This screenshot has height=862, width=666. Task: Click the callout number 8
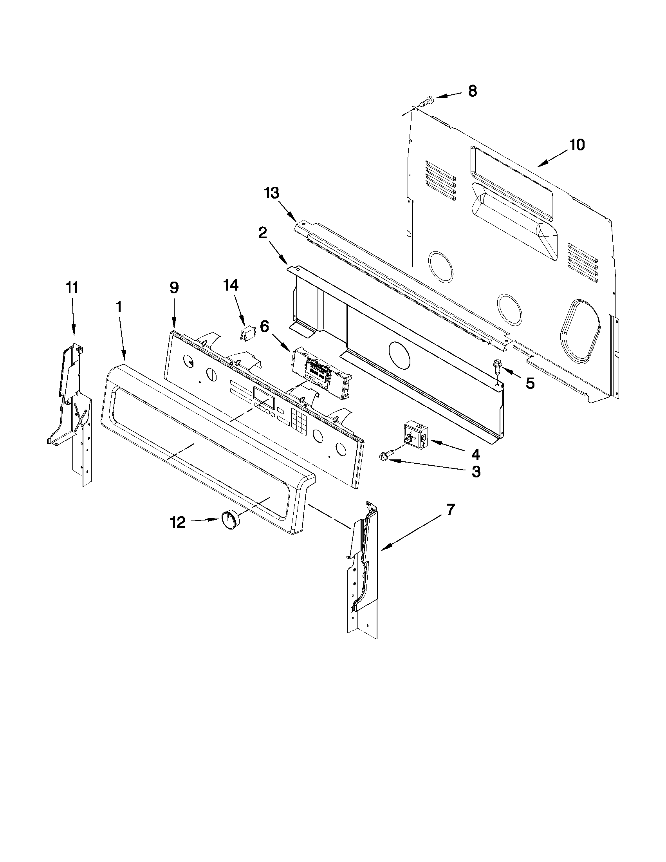tap(472, 91)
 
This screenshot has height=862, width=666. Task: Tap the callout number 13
tap(272, 193)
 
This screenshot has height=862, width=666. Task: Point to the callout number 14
tap(231, 285)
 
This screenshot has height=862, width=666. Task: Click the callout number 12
tap(177, 522)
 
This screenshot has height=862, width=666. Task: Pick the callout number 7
tap(450, 510)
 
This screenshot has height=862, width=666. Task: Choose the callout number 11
tap(72, 288)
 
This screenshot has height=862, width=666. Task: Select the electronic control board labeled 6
tap(319, 371)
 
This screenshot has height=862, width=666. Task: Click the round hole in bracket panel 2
tap(399, 355)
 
